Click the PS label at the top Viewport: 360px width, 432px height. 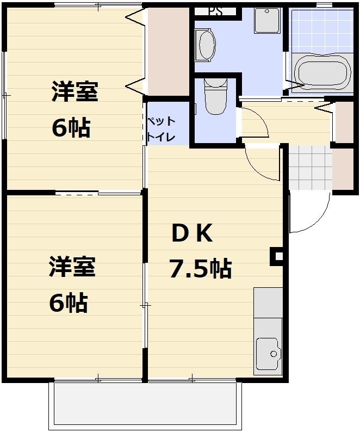click(x=215, y=11)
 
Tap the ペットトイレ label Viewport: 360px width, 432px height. click(x=160, y=129)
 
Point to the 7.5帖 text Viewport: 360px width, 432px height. click(x=200, y=269)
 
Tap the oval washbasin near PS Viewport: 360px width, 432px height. click(x=207, y=45)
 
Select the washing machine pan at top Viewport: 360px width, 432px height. click(x=268, y=21)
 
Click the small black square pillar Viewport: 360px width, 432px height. click(x=277, y=256)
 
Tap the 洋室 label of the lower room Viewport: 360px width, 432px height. click(x=72, y=268)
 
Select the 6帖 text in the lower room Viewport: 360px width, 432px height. click(x=69, y=303)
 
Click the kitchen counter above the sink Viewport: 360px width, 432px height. click(x=268, y=303)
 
